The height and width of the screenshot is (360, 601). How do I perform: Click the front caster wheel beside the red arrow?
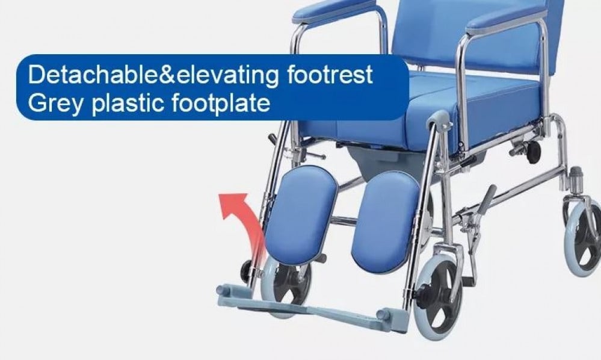286,285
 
